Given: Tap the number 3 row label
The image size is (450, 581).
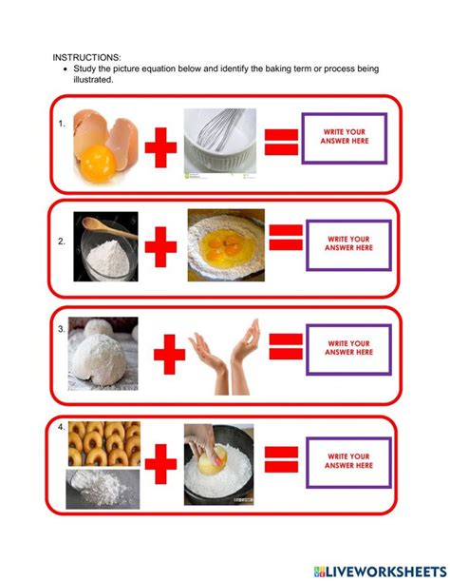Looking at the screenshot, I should coord(61,329).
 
